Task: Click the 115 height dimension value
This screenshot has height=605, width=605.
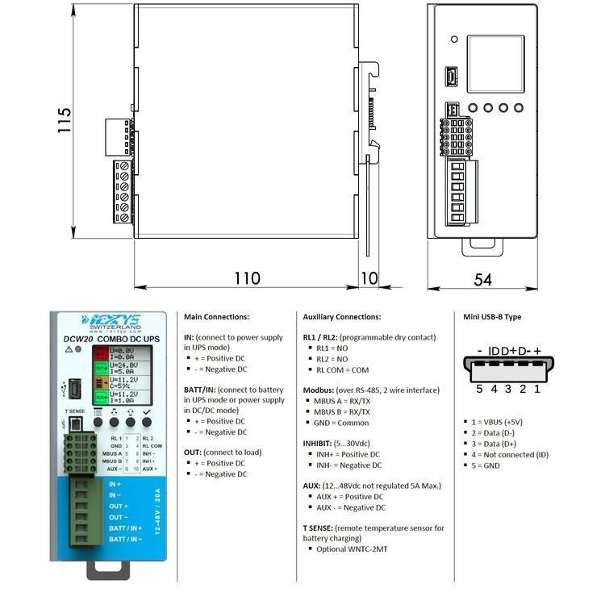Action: tap(65, 121)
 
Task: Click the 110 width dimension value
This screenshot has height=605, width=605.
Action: tap(247, 278)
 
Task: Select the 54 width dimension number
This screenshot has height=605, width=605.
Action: tap(482, 279)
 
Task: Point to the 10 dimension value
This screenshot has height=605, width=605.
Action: tap(369, 278)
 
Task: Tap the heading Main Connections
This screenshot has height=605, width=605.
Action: tap(216, 317)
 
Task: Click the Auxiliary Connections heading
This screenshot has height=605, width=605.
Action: tap(341, 317)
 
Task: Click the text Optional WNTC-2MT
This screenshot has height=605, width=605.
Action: tap(348, 549)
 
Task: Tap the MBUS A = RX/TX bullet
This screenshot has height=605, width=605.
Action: tap(343, 401)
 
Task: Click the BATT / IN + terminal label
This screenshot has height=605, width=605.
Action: tap(125, 528)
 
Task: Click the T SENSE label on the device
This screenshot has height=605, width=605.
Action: tap(74, 411)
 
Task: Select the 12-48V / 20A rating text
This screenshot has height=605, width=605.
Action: tap(158, 511)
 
